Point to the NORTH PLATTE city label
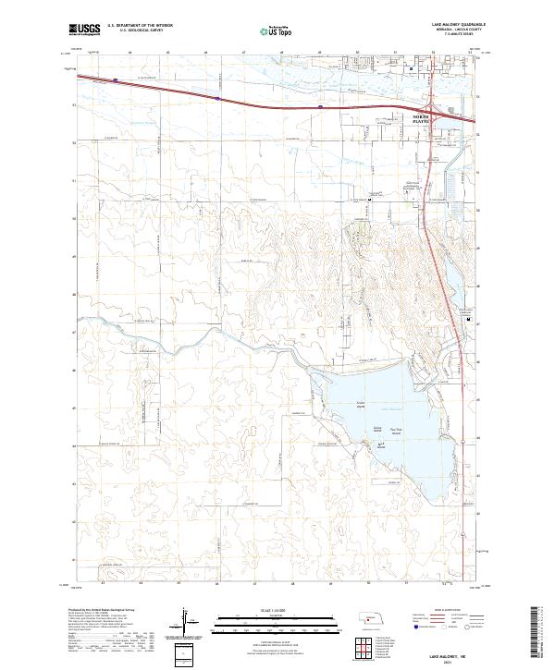point(422,118)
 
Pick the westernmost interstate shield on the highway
point(115,80)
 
